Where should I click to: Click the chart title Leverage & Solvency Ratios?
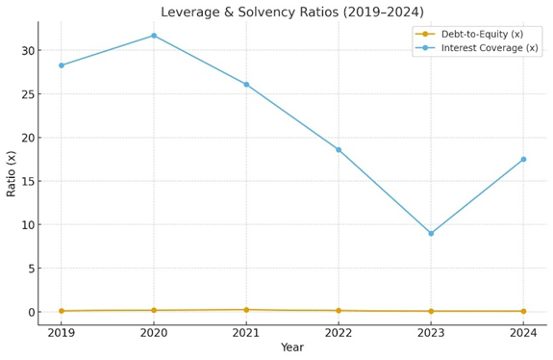coord(291,13)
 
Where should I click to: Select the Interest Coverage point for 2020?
coord(154,36)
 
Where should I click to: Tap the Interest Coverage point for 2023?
coord(431,233)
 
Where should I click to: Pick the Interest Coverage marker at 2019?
coord(62,65)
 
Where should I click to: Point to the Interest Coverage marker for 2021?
coord(246,85)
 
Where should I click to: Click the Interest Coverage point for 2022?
coord(339,149)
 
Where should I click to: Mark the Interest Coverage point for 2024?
coord(523,159)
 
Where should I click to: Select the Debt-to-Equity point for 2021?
coord(246,310)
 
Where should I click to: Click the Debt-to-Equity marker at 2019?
coord(62,311)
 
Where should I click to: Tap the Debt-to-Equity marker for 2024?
coord(523,311)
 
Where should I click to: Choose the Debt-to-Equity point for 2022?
coord(339,310)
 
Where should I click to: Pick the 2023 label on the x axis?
coord(431,333)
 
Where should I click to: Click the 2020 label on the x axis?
coord(154,333)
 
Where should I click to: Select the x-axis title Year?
coord(291,347)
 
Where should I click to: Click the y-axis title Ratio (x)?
coord(12,173)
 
